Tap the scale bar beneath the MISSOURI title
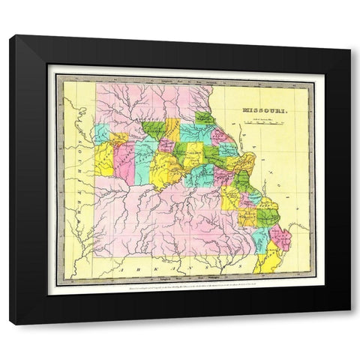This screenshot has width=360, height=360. coord(267,121)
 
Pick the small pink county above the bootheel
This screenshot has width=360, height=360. coord(280,238)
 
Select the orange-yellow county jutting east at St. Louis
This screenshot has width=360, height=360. coord(244,163)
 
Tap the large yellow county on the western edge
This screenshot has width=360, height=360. coord(103,157)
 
